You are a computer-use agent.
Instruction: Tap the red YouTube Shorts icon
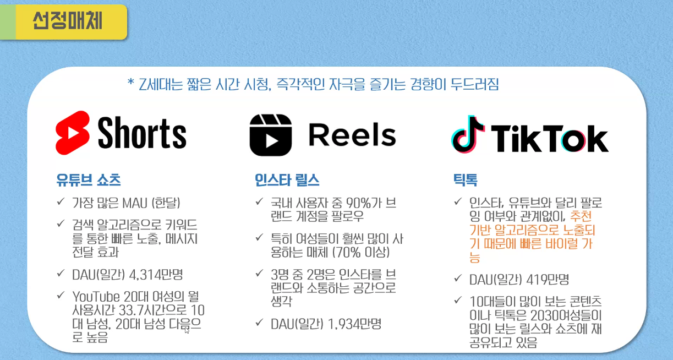(x=73, y=133)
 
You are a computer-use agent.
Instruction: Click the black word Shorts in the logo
(x=142, y=133)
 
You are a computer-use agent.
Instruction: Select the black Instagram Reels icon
(x=270, y=135)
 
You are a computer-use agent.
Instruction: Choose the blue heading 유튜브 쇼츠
(x=88, y=179)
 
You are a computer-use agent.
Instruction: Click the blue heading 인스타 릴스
(x=287, y=179)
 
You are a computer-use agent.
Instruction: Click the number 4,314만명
(x=160, y=273)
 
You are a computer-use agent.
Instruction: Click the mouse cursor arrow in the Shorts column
(x=187, y=330)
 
